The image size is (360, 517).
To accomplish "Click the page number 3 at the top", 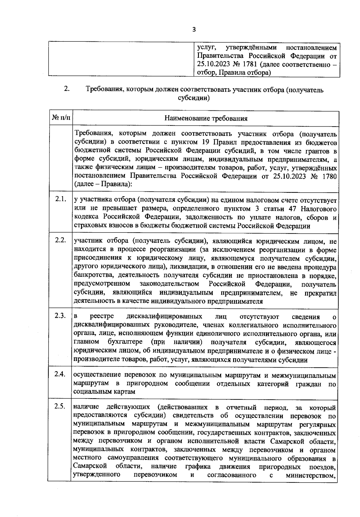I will tap(194, 29).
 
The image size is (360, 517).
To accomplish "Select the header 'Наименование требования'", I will tap(206, 118).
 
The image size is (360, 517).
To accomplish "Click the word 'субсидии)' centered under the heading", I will tap(193, 98).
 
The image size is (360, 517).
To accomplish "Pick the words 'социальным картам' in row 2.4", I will tap(104, 392).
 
